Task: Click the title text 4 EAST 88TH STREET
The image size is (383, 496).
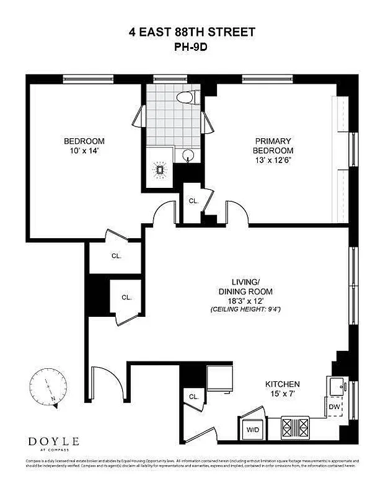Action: (x=191, y=32)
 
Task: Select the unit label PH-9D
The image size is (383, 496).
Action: (x=191, y=45)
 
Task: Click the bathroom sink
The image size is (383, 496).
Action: (x=189, y=155)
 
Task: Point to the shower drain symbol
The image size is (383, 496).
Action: (x=160, y=169)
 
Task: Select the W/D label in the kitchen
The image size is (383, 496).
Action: (x=253, y=429)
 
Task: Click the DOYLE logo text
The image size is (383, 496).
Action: (x=53, y=441)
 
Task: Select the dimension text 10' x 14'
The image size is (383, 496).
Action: (x=84, y=151)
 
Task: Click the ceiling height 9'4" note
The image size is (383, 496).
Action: (x=246, y=309)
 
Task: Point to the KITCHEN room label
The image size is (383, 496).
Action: (x=282, y=384)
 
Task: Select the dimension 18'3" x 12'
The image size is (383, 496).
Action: (x=245, y=300)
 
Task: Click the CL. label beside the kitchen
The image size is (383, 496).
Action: (x=193, y=397)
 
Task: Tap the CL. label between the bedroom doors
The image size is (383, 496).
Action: (x=193, y=201)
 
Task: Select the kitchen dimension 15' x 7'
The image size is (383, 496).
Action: (x=282, y=394)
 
